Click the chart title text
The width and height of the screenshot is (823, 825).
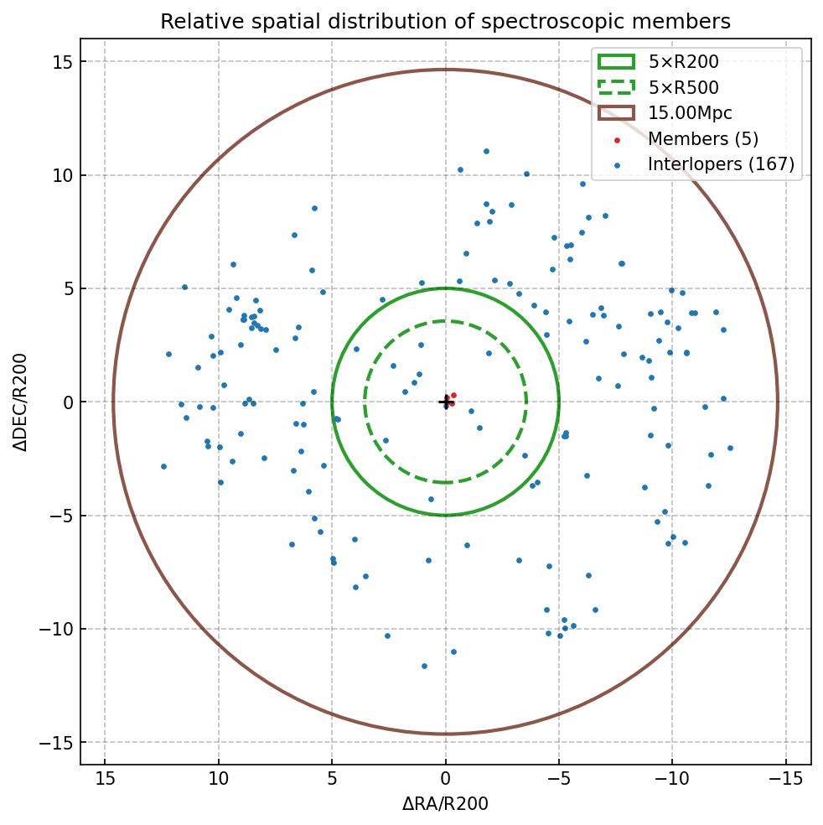click(x=445, y=21)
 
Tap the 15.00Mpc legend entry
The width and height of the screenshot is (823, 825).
click(x=690, y=113)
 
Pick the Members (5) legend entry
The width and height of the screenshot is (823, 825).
click(x=702, y=139)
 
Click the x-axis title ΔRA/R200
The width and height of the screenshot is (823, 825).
click(x=445, y=805)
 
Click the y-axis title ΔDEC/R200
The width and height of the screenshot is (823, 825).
click(x=20, y=402)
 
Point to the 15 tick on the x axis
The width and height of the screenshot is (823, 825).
click(x=105, y=778)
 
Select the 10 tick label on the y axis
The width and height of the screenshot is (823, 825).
click(x=62, y=175)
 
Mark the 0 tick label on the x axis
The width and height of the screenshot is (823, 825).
click(x=445, y=778)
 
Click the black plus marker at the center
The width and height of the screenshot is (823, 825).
click(x=445, y=402)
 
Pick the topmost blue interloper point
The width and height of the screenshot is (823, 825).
click(x=486, y=152)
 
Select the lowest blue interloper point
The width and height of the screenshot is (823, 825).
click(x=424, y=667)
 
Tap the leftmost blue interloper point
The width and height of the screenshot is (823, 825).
click(x=163, y=466)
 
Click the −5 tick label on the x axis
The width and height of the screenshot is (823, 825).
click(x=558, y=778)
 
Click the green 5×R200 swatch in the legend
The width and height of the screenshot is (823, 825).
click(x=616, y=61)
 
